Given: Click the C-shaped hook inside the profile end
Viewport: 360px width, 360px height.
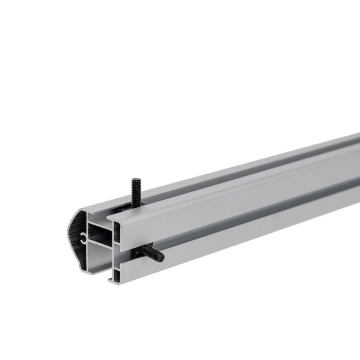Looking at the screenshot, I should coord(83,237).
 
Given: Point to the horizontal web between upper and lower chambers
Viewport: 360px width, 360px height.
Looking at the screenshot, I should coord(100,242).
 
